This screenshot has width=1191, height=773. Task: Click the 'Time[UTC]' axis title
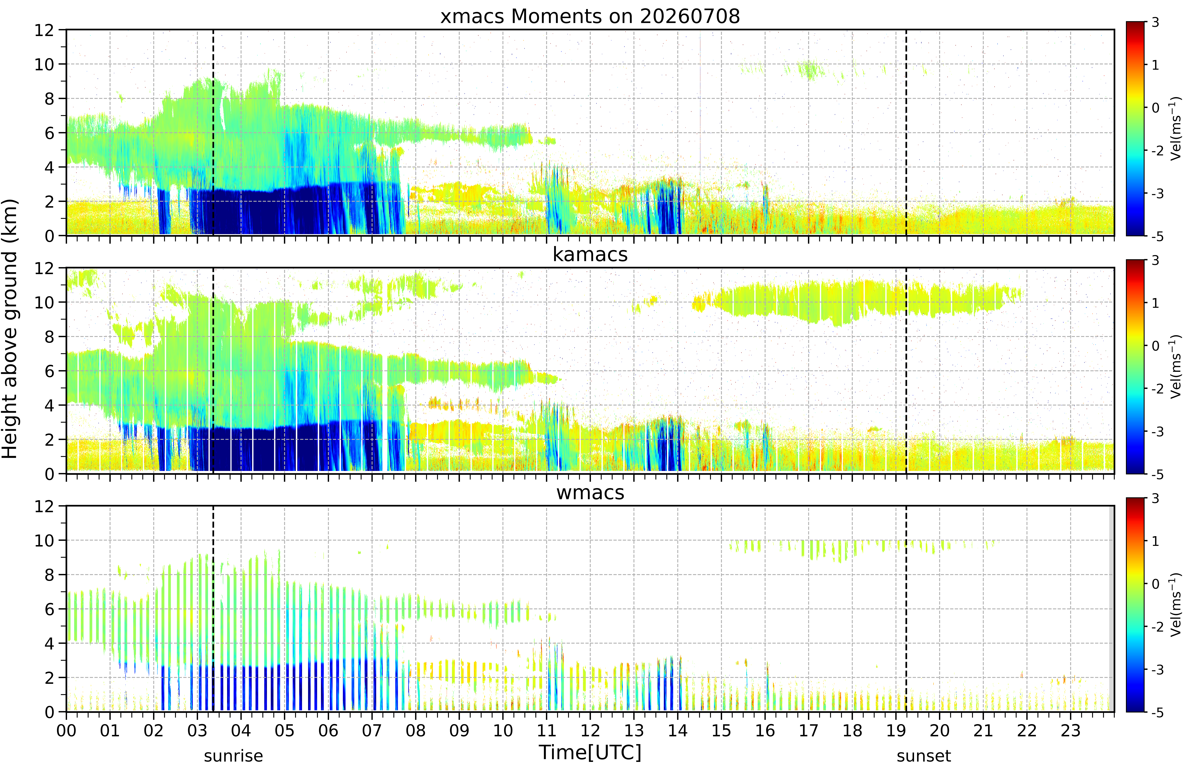point(590,752)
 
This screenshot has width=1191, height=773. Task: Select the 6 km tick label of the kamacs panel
point(49,371)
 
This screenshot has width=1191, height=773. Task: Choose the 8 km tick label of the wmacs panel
point(49,575)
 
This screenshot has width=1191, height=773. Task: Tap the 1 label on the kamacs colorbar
point(1155,303)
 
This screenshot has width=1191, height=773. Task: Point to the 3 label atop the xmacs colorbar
point(1155,23)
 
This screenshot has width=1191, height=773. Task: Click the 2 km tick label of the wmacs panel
point(49,678)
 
